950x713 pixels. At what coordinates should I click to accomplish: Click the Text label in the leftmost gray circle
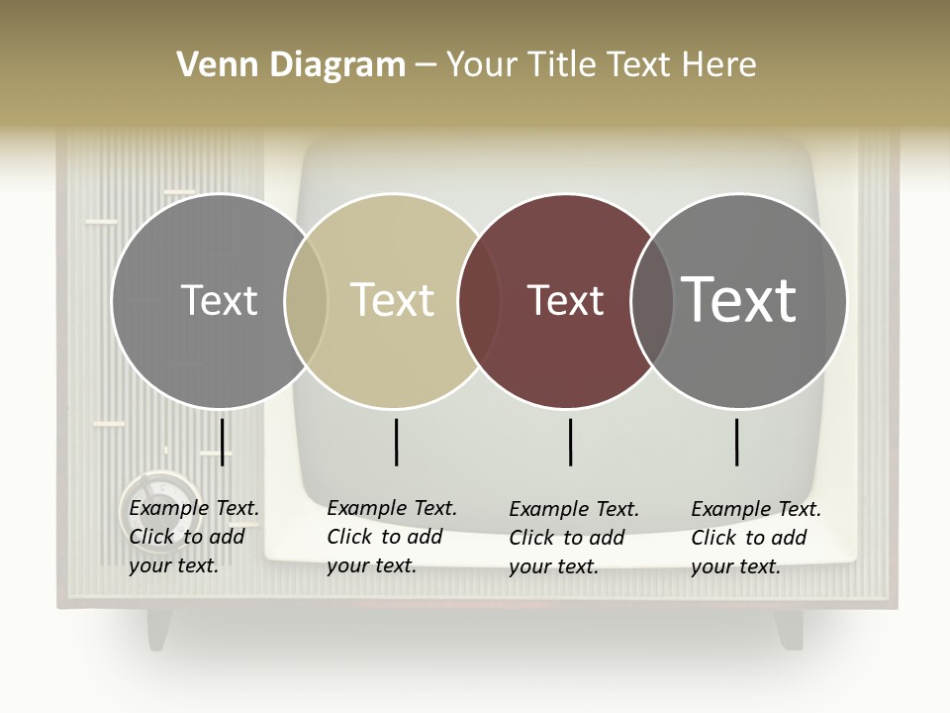click(x=219, y=300)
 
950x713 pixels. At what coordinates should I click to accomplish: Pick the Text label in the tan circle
click(x=393, y=300)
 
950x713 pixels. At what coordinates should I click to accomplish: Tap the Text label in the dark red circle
click(x=565, y=300)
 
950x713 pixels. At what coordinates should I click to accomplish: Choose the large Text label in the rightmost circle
click(x=739, y=300)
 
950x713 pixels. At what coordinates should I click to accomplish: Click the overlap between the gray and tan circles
click(x=306, y=300)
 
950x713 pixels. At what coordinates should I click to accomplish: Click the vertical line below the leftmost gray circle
click(x=223, y=442)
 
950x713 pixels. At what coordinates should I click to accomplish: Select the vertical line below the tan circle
click(x=396, y=442)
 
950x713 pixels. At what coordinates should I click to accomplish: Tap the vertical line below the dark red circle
click(x=570, y=442)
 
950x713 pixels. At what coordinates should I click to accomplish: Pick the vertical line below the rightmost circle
click(x=736, y=442)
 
